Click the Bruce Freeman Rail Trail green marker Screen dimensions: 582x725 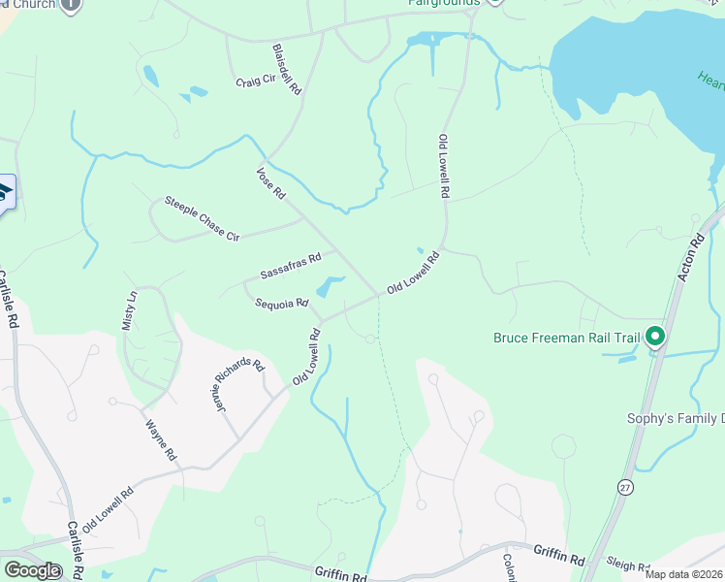pyautogui.click(x=655, y=337)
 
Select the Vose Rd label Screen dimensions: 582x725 pyautogui.click(x=270, y=183)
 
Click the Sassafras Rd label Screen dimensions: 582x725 pyautogui.click(x=290, y=267)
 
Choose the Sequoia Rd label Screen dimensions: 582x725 pyautogui.click(x=281, y=304)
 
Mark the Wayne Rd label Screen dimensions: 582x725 pyautogui.click(x=161, y=439)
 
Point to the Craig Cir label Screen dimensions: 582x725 pyautogui.click(x=256, y=81)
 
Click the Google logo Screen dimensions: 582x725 pyautogui.click(x=31, y=570)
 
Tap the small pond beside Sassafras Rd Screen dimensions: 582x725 pyautogui.click(x=329, y=286)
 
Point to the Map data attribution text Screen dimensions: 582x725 pyautogui.click(x=683, y=574)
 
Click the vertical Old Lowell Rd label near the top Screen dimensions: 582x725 pyautogui.click(x=444, y=167)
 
